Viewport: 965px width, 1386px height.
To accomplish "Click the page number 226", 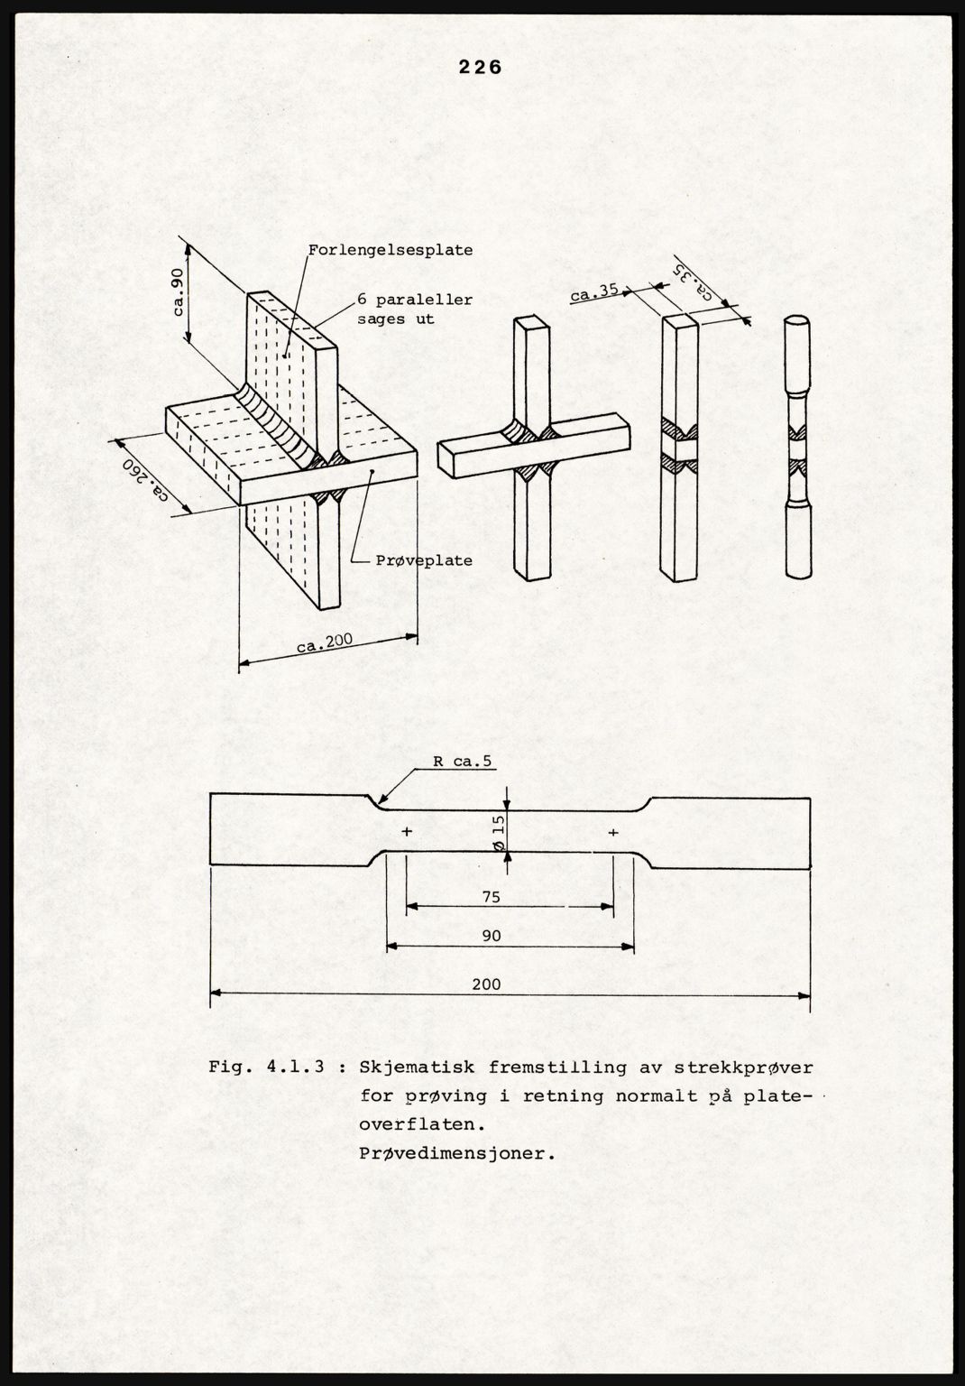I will click(x=480, y=67).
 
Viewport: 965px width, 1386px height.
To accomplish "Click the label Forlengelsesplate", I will click(x=390, y=250).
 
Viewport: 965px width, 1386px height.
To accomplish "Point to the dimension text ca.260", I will click(x=145, y=480).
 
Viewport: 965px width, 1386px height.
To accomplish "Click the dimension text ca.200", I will click(x=324, y=644).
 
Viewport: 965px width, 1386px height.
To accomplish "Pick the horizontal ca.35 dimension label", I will click(x=593, y=292).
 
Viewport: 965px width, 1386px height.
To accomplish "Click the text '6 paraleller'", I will click(x=414, y=300).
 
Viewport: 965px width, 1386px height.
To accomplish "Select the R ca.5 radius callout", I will click(x=463, y=762).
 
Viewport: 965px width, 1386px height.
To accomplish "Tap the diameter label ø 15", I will click(x=498, y=830).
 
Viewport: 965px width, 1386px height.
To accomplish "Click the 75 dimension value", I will click(x=491, y=897).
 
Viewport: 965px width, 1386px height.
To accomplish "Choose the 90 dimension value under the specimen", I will click(x=491, y=936).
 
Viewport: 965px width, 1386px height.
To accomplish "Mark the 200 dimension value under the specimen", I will click(x=487, y=984).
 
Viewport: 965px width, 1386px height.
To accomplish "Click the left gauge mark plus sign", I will click(x=408, y=831).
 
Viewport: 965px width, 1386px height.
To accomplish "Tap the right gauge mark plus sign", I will click(x=613, y=831).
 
